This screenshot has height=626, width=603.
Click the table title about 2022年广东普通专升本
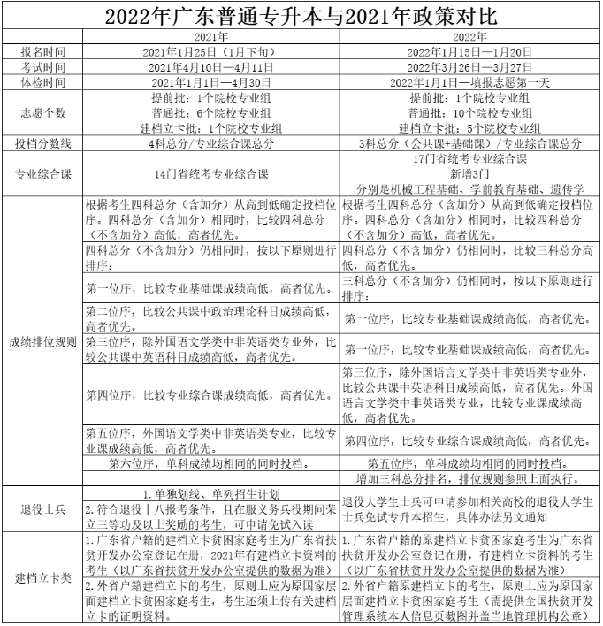point(301,17)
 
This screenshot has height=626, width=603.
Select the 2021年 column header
point(210,37)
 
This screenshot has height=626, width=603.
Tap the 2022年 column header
point(470,37)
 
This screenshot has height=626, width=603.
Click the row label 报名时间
point(42,52)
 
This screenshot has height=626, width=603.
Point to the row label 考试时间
point(42,67)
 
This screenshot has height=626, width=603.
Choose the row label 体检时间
point(42,82)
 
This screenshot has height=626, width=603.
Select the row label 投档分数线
point(42,142)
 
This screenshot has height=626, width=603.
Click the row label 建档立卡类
point(42,578)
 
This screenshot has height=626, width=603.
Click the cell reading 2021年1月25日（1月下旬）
point(210,52)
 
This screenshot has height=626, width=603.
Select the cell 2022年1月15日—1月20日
point(470,52)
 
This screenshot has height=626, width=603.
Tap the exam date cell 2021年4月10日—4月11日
point(210,67)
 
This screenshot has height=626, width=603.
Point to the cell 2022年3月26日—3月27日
point(470,67)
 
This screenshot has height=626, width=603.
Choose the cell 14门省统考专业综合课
point(210,173)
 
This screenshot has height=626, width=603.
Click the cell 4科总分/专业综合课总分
point(210,142)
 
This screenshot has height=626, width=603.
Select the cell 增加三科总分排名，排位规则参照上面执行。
point(470,478)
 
